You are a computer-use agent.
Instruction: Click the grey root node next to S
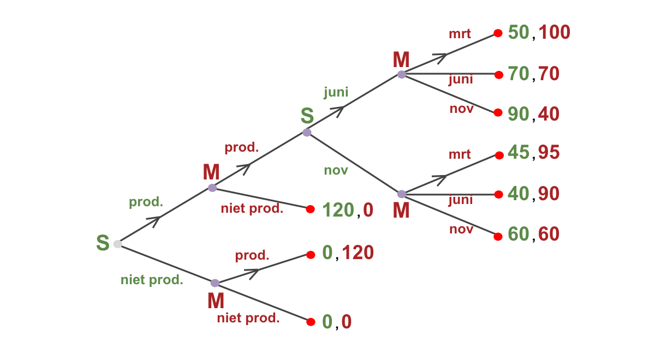coord(117,244)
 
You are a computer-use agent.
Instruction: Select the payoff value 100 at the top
coord(555,33)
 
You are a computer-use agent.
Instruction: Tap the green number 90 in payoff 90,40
coord(519,114)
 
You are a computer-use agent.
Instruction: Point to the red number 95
coord(549,153)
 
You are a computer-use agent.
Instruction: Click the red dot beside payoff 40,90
coord(498,194)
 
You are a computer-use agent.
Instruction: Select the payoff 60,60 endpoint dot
coord(498,237)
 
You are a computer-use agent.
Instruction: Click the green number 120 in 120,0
coord(337,209)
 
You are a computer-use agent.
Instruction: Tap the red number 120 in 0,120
coord(358,253)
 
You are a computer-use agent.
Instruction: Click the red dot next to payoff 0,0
coord(311,322)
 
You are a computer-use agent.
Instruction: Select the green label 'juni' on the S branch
coord(336,92)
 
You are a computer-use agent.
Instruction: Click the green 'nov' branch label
coord(336,170)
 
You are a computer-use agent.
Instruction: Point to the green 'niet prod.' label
coord(152,280)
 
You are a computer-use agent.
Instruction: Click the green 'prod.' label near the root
coord(146,202)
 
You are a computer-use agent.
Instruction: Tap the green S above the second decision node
coord(307,116)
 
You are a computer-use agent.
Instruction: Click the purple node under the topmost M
coord(401,75)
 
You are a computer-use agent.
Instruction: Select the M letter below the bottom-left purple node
coord(216,301)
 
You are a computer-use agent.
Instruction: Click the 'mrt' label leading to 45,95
coord(460,154)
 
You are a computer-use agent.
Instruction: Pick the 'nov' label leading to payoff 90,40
coord(461,109)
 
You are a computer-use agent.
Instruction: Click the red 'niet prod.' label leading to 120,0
coord(252,208)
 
